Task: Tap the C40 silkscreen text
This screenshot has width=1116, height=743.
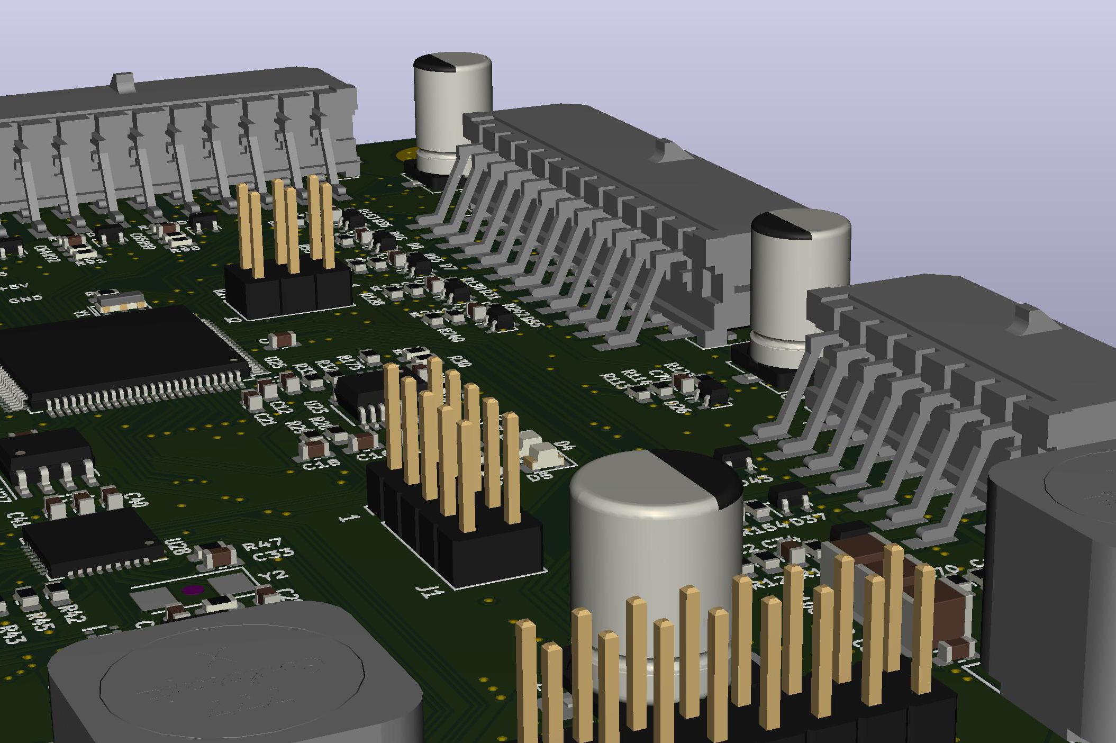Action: point(135,499)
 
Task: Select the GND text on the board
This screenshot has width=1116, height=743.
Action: point(26,299)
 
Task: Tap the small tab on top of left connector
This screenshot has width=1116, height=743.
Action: point(123,80)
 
